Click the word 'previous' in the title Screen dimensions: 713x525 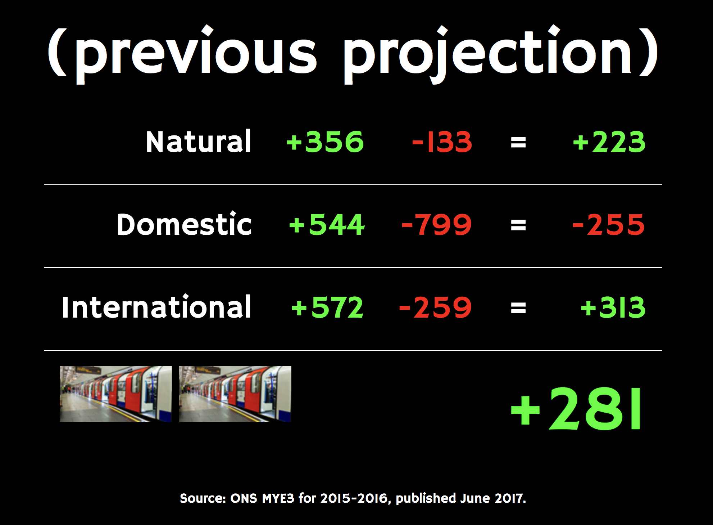[196, 54]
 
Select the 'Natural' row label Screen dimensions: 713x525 [198, 142]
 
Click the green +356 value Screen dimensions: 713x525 [325, 142]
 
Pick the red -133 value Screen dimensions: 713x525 [442, 142]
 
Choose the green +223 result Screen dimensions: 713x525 [609, 142]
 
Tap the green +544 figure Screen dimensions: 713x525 [327, 224]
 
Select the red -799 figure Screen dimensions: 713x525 [436, 224]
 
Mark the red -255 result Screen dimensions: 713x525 [609, 224]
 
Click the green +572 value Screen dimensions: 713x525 [327, 307]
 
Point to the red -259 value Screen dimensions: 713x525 [435, 307]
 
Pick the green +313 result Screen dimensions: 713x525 [613, 307]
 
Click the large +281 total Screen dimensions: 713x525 [576, 409]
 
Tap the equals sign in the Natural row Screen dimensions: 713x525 [518, 142]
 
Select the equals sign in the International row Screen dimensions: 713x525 [518, 308]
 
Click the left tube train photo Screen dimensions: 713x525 [116, 394]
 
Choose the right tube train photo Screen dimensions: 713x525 [235, 394]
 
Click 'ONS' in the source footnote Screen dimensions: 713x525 [244, 498]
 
